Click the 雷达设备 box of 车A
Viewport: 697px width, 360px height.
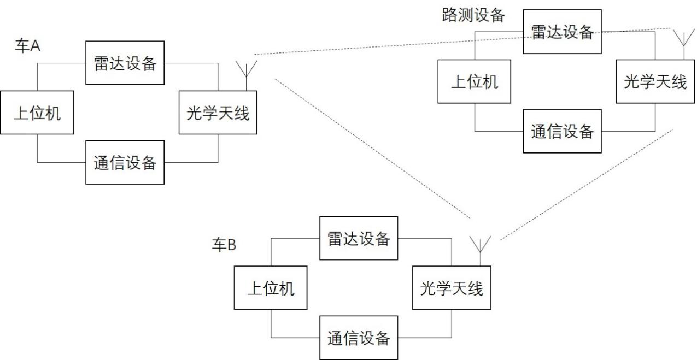coord(125,63)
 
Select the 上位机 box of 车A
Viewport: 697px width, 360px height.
coord(37,113)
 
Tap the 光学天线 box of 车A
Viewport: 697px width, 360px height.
coord(218,113)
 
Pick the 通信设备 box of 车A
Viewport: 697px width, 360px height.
coord(125,162)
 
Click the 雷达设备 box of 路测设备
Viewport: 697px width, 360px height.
coord(563,31)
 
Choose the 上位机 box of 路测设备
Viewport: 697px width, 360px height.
coord(475,81)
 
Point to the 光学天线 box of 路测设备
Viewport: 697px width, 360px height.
coord(655,81)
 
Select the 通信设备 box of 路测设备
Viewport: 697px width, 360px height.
coord(563,131)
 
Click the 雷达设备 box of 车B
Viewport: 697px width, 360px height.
coord(359,238)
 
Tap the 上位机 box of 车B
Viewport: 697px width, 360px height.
coord(271,288)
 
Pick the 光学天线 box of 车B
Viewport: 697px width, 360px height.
coord(452,288)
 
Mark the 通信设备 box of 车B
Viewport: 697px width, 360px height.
coord(359,338)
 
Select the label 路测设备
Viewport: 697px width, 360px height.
coord(473,15)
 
